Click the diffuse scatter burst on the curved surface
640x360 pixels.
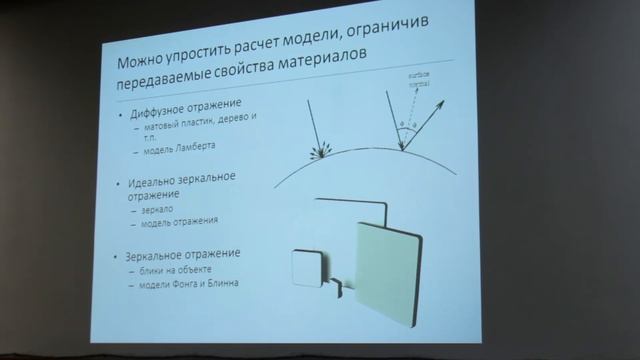321,153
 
